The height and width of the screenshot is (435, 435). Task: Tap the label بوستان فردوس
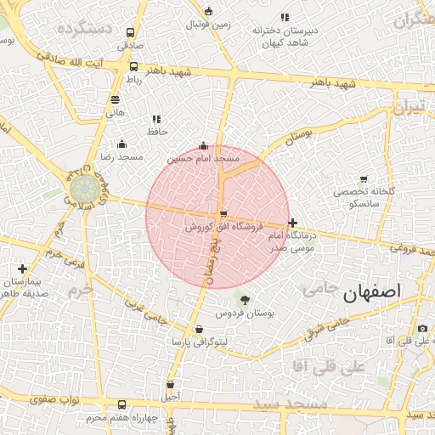(x=246, y=314)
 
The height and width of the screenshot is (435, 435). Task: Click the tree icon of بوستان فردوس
(x=246, y=300)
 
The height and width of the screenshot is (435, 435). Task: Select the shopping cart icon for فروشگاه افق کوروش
(x=223, y=214)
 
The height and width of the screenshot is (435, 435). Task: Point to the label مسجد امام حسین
(x=203, y=158)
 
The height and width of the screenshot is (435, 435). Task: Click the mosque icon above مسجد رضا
(x=122, y=144)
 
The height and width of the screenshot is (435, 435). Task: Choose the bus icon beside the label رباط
(x=133, y=66)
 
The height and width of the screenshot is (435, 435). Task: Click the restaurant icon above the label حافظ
(x=156, y=120)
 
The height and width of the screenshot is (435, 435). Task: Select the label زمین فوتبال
(x=208, y=25)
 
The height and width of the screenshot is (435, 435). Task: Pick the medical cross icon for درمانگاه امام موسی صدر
(x=293, y=223)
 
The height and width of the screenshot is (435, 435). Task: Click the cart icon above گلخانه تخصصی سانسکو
(x=364, y=179)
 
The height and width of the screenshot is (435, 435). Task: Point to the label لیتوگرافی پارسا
(x=199, y=343)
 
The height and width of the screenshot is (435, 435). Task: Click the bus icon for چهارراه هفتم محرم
(x=122, y=405)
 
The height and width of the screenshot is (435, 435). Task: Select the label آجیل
(x=171, y=397)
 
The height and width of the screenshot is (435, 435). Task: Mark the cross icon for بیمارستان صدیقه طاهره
(x=22, y=268)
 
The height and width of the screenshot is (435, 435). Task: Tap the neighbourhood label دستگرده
(x=85, y=29)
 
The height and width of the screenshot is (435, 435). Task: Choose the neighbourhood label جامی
(x=319, y=288)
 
